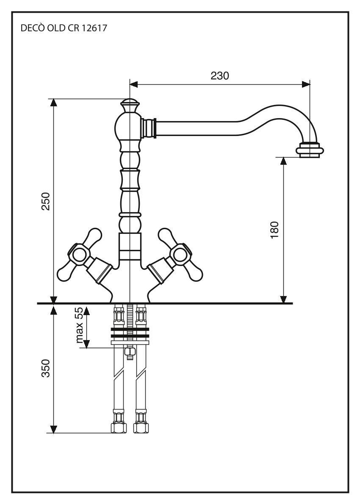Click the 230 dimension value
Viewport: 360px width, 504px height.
(220, 76)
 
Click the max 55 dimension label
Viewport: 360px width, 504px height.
(79, 325)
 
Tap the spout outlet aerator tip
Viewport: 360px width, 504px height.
(310, 150)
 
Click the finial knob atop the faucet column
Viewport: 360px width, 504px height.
(130, 105)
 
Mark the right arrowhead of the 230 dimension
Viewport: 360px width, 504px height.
(306, 84)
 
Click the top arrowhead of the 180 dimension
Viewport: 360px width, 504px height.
(284, 160)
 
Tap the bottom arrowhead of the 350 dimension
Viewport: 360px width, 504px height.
(53, 429)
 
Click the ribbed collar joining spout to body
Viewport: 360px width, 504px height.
(149, 128)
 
